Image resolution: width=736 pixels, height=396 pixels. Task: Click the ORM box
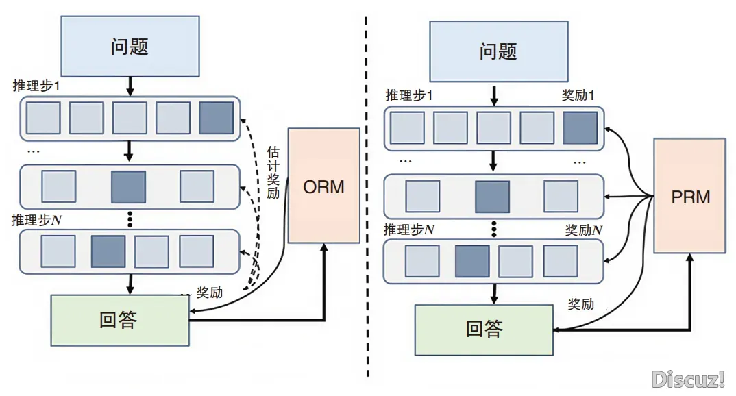coord(324,186)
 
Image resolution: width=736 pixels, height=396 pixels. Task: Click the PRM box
coord(689,197)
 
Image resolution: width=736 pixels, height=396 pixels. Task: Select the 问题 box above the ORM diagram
coord(130,47)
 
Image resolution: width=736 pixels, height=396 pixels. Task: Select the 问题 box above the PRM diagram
coord(498,51)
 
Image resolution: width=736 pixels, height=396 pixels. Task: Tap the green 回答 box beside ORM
coord(119,320)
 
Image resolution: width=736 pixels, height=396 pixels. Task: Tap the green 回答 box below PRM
coord(484,330)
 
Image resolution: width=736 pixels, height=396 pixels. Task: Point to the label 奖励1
coord(578,95)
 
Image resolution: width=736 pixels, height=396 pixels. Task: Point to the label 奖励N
coord(583,230)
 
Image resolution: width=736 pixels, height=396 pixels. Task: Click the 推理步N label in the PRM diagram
coord(409,230)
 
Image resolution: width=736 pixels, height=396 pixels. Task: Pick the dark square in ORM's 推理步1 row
coord(216,118)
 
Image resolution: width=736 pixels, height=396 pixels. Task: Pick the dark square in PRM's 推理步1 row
coord(580,127)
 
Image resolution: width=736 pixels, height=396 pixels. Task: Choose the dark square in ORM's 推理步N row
coord(108,251)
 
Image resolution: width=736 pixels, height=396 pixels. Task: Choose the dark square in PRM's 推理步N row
coord(472,261)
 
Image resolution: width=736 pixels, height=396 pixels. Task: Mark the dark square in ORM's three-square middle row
coord(129,187)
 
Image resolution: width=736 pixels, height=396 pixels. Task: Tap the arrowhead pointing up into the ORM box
coord(324,249)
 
